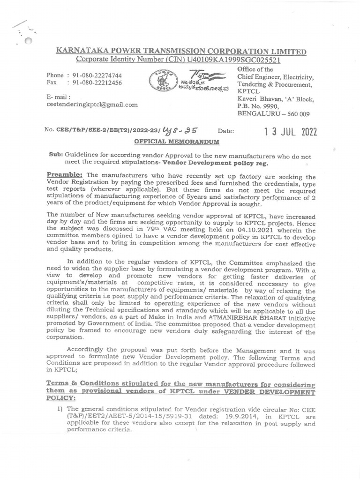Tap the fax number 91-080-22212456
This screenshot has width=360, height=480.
coord(97,82)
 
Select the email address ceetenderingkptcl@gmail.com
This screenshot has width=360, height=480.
coord(92,105)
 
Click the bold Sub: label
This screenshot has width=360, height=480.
coord(57,155)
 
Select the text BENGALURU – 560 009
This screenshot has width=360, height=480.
coord(273,114)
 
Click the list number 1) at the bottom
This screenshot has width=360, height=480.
coord(60,409)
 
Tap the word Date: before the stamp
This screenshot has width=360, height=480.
coord(226,132)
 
